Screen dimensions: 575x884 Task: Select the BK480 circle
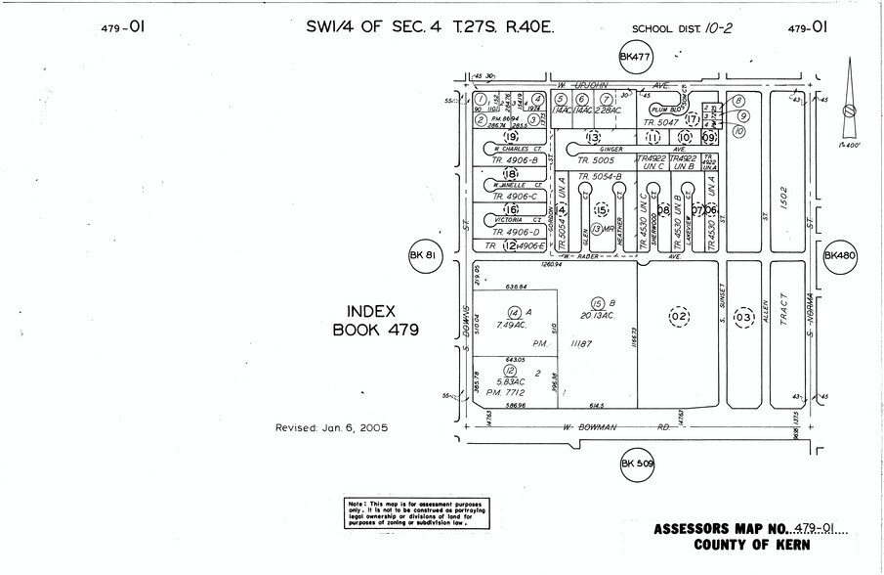pos(839,256)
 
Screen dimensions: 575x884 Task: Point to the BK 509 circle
pos(637,465)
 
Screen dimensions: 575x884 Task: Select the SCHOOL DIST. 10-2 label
pos(680,29)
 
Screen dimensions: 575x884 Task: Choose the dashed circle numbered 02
pos(678,315)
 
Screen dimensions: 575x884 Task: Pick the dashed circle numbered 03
pos(743,318)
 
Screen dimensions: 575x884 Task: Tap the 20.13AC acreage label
pos(597,316)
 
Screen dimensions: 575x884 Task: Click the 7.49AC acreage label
pos(512,324)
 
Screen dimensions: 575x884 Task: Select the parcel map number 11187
pos(583,344)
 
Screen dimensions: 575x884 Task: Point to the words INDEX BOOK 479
pos(376,320)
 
